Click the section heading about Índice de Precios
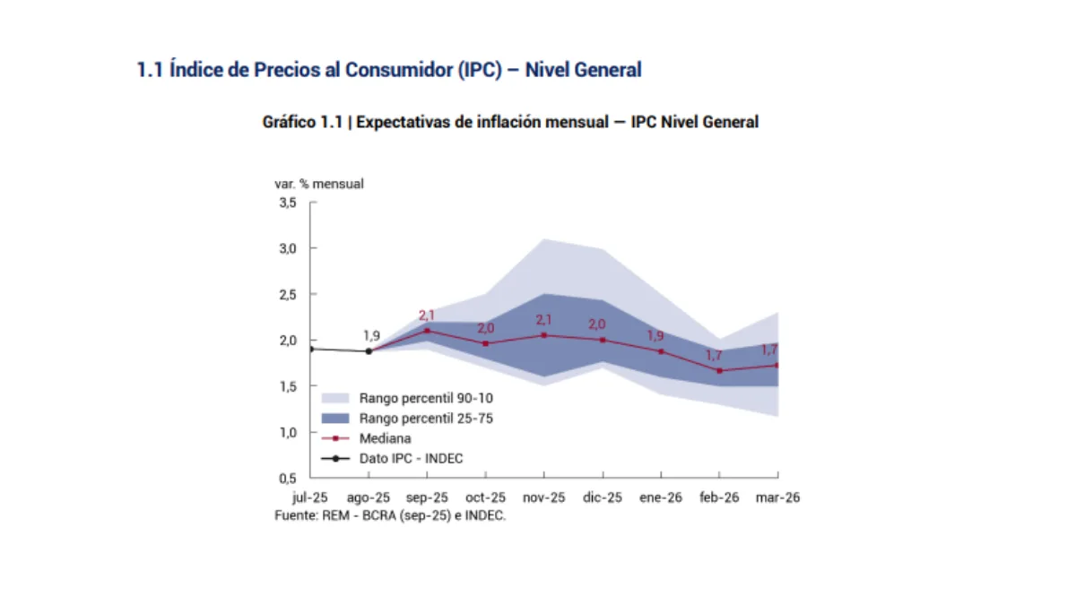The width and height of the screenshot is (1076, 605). (388, 70)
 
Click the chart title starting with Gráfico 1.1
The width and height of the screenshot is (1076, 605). (509, 122)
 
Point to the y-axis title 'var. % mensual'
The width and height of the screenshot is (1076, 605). (319, 184)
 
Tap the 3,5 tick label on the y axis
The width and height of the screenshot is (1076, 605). (286, 203)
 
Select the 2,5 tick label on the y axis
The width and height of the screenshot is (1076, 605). (286, 295)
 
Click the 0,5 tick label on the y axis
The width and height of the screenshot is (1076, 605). (286, 479)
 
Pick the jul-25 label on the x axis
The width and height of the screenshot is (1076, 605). (310, 498)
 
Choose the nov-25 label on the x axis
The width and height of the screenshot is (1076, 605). (544, 498)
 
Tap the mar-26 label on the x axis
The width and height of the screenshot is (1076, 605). (777, 498)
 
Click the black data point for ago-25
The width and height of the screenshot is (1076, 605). (369, 351)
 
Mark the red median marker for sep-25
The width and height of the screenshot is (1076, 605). (427, 331)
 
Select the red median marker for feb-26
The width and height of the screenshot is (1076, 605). (719, 370)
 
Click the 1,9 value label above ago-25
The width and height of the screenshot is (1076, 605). (371, 335)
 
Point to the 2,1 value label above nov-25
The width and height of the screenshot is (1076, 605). (544, 320)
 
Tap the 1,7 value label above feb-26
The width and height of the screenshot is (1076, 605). (714, 356)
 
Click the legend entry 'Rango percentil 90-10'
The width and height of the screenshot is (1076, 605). (426, 398)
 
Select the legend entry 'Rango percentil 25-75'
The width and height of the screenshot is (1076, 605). (426, 419)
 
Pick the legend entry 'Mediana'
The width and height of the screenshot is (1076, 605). (385, 439)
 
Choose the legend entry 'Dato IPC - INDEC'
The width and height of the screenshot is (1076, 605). (411, 459)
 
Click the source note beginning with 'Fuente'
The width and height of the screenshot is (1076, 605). (390, 516)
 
